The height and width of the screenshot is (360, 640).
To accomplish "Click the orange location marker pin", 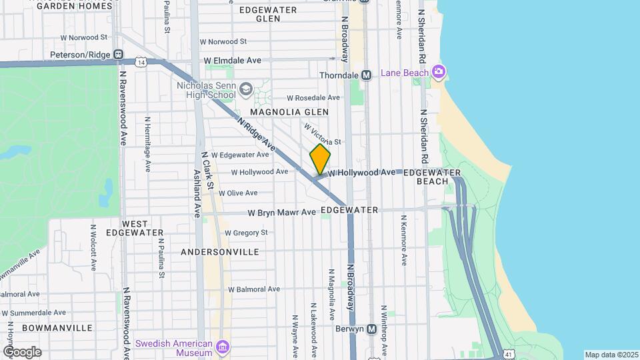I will [x=320, y=159].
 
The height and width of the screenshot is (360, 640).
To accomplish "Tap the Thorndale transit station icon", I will [x=366, y=75].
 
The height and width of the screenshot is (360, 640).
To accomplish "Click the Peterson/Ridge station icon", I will [x=119, y=55].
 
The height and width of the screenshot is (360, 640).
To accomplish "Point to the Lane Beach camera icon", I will [x=438, y=71].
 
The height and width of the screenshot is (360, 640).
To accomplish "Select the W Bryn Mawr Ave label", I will [x=281, y=213].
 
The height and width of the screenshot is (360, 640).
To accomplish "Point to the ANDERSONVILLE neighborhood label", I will [x=219, y=252].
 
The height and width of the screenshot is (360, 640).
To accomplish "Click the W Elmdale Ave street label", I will [x=233, y=60].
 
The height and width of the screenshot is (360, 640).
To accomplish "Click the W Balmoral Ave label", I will [x=254, y=289].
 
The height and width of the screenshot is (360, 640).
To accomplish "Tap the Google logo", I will [x=22, y=351].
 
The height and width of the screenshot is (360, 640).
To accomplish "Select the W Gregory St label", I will [x=246, y=233].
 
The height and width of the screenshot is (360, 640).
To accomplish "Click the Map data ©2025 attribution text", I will [x=611, y=355].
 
